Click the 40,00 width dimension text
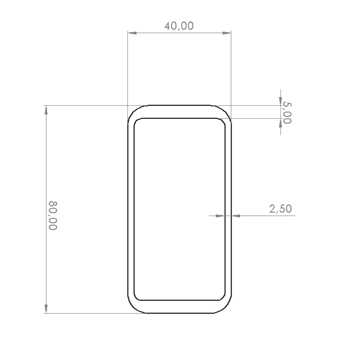(x=179, y=26)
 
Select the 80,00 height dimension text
(x=52, y=215)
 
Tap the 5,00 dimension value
(x=287, y=113)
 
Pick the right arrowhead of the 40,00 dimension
(x=227, y=33)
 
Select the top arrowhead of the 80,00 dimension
(x=46, y=110)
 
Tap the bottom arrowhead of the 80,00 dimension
(x=46, y=309)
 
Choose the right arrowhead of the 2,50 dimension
(x=236, y=216)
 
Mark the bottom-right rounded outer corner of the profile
(x=226, y=308)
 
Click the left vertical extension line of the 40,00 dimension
(x=128, y=67)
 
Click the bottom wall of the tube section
(x=179, y=307)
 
